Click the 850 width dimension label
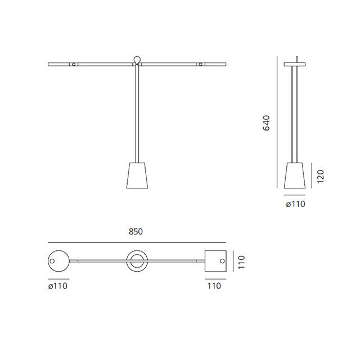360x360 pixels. coord(136,231)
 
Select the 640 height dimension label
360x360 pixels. coord(266,123)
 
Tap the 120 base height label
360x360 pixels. coord(320,176)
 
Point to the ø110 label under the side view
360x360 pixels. coord(295,204)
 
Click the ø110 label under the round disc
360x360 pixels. coord(58,286)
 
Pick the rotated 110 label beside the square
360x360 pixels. coord(241,262)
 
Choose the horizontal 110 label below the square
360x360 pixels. coord(214,286)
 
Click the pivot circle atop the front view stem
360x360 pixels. coord(137,60)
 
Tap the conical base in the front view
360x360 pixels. coord(137,175)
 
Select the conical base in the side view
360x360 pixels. coord(295,175)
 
